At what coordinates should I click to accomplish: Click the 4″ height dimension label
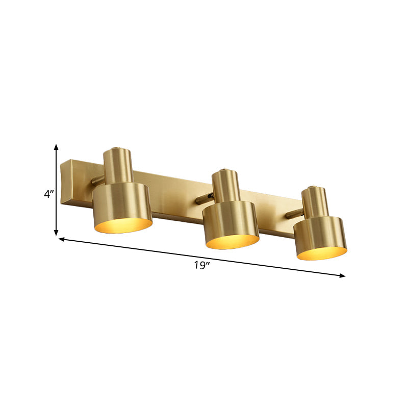tap(48, 194)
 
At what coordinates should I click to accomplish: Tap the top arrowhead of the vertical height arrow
tap(56, 147)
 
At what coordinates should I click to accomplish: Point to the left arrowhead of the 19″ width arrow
tap(62, 238)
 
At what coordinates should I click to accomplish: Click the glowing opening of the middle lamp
tap(232, 241)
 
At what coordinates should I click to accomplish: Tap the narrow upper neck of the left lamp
tap(117, 166)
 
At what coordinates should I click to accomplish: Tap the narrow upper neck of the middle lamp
tap(225, 185)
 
